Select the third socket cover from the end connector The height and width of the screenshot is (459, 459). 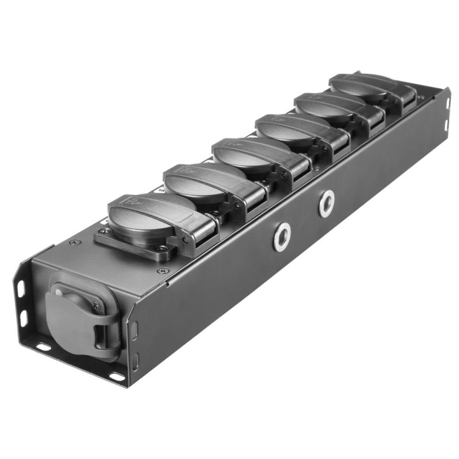pos(245,154)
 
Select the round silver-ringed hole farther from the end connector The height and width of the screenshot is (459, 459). pos(327,203)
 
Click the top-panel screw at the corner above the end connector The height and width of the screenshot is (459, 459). pos(76,243)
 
